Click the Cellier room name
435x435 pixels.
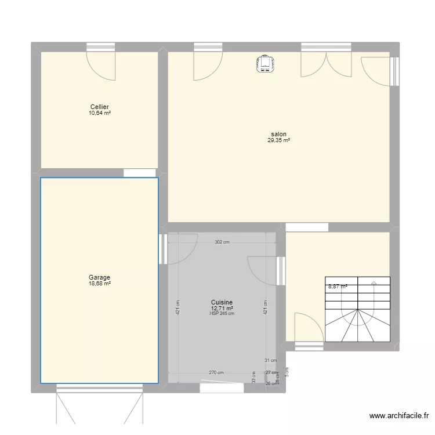tap(99, 107)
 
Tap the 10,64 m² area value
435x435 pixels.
tap(99, 113)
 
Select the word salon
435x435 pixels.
tap(278, 134)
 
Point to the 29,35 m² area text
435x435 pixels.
tap(278, 140)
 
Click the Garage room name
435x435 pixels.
tap(99, 277)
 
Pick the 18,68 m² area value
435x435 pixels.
tap(99, 284)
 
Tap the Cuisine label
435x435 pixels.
tap(222, 302)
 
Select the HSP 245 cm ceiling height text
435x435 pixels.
tap(222, 314)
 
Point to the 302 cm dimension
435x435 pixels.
tap(222, 242)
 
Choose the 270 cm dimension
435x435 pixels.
tap(216, 373)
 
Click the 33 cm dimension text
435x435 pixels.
tap(253, 378)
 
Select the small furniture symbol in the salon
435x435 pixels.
tap(266, 64)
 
